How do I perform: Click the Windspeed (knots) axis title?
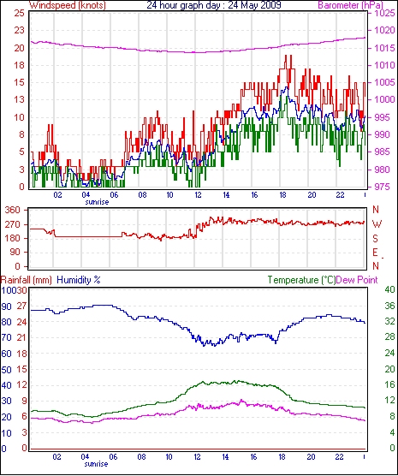click(68, 5)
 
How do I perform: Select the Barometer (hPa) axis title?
click(351, 5)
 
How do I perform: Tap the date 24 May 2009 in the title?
click(254, 5)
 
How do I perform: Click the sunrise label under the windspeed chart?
click(97, 202)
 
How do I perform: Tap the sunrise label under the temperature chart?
click(96, 464)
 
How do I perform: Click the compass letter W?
click(377, 224)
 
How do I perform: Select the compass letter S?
click(375, 239)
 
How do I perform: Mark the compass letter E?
click(375, 253)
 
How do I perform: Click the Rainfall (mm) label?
click(27, 280)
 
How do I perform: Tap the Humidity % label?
click(79, 280)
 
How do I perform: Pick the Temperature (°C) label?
click(301, 280)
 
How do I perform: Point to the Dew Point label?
click(357, 280)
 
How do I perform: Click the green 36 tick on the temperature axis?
click(389, 306)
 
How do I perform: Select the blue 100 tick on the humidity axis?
click(7, 290)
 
